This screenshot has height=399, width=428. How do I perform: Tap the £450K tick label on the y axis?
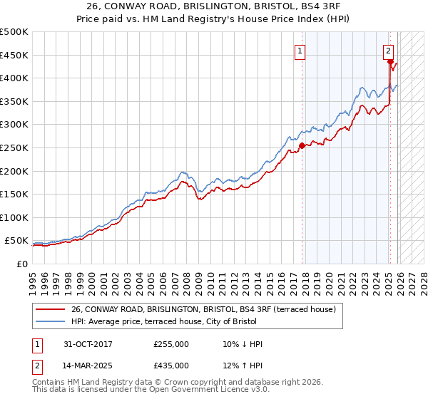click(x=14, y=55)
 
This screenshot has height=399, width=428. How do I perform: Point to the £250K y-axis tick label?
click(x=14, y=147)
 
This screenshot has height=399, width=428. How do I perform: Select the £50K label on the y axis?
click(x=16, y=241)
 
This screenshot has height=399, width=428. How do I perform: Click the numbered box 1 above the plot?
click(x=300, y=51)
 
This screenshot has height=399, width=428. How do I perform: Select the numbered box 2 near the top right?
click(x=388, y=51)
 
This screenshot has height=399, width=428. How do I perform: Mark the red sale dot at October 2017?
click(x=302, y=145)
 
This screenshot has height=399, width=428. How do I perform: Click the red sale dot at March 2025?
click(x=389, y=62)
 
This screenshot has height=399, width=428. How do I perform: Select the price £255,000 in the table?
click(x=171, y=344)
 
